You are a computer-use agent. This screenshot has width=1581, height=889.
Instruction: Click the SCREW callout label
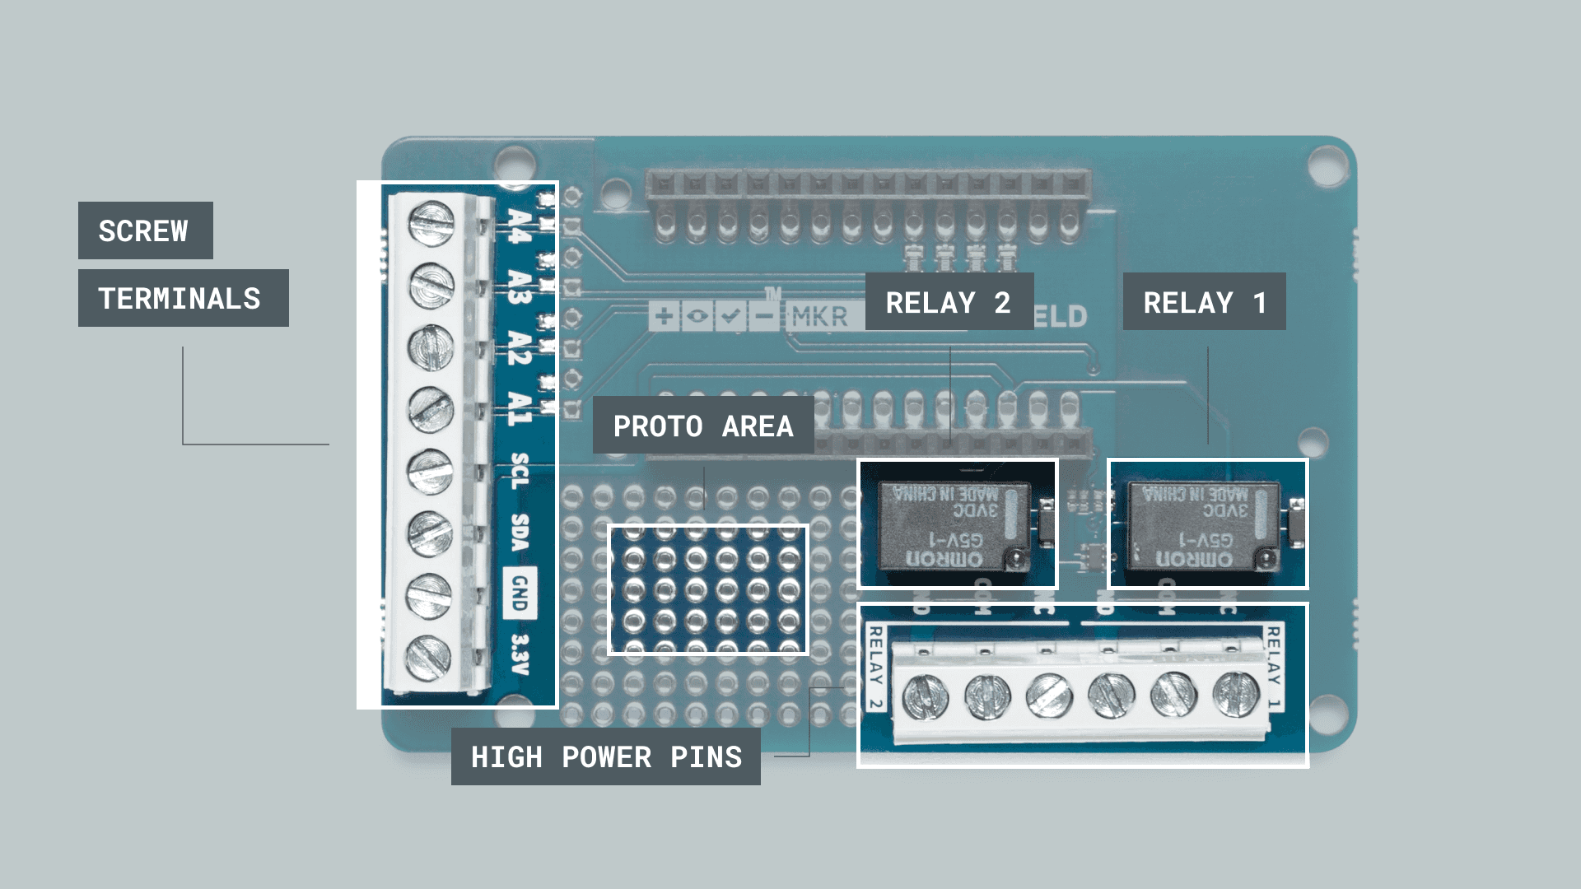click(145, 230)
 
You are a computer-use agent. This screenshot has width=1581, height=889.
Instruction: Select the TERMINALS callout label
click(183, 298)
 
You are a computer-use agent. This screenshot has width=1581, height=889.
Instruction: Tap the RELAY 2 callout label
click(949, 302)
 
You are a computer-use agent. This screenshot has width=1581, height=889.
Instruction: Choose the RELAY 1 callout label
click(1204, 302)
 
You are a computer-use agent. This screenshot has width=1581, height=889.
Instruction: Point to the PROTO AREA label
click(703, 426)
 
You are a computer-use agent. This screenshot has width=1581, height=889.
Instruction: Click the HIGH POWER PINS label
click(606, 756)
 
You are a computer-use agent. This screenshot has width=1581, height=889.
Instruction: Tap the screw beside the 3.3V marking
click(428, 657)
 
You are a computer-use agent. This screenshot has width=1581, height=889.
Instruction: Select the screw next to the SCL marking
click(430, 472)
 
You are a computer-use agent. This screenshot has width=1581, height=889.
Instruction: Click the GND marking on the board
click(520, 593)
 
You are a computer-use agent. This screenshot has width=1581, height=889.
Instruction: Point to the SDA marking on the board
click(520, 533)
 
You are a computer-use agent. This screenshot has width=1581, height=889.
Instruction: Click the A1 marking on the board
click(520, 407)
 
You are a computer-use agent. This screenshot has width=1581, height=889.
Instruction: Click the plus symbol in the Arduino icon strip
click(664, 315)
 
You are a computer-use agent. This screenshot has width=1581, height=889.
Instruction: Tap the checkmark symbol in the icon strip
click(730, 315)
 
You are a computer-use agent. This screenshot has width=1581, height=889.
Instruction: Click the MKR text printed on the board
click(819, 316)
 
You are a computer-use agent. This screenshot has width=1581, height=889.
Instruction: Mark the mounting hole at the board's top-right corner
click(1327, 164)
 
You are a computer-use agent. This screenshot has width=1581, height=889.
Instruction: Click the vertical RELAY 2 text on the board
click(876, 668)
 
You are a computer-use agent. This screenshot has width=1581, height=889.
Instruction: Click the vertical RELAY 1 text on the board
click(1273, 668)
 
